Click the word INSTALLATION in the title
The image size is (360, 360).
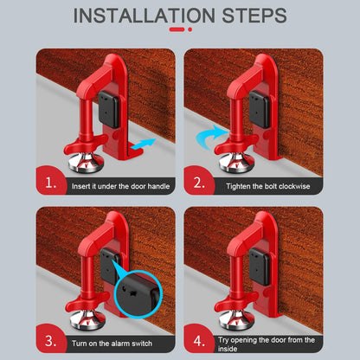click(143, 16)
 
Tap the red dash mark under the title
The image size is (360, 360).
click(179, 30)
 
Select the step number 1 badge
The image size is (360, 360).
click(50, 184)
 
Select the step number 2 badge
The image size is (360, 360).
click(200, 184)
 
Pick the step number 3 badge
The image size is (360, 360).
click(50, 339)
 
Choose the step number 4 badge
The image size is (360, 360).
click(200, 339)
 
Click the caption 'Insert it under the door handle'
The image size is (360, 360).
click(121, 186)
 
